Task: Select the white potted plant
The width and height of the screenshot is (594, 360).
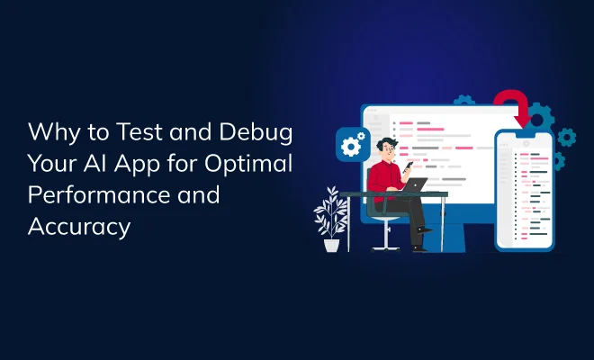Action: [331, 214]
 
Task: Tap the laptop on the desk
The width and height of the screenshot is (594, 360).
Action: [416, 185]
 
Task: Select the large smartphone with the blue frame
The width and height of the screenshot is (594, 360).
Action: [525, 189]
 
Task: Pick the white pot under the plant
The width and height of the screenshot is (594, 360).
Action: [331, 243]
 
